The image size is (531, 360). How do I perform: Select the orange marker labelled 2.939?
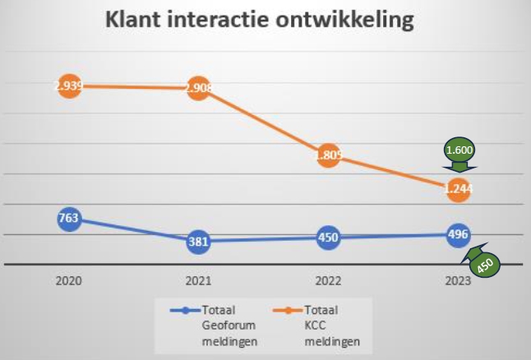69,86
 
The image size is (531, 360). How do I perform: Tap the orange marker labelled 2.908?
198,89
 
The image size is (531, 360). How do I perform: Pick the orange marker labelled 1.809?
328,155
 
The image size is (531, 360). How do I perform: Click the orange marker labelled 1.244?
458,189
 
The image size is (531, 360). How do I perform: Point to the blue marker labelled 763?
69,219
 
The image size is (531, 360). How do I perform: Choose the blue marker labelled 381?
198,242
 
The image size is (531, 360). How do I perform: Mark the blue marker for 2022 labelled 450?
328,238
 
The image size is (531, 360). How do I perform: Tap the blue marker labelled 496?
458,235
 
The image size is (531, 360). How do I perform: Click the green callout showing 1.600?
459,152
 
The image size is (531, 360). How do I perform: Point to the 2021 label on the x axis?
198,281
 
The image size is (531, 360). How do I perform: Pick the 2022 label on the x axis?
328,281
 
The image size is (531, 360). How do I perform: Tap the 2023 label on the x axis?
458,281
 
